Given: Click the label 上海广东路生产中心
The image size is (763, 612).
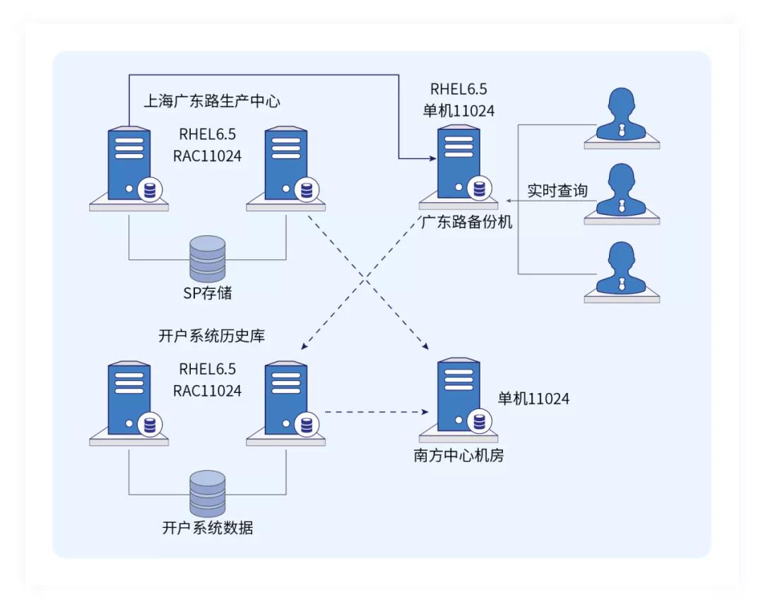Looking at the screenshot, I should (212, 101).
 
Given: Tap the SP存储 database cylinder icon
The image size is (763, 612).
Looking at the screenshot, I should (208, 259).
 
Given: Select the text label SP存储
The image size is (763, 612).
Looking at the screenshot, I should (208, 293).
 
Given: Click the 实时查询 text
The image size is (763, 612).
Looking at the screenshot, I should (557, 191).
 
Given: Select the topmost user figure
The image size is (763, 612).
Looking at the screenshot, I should (622, 116).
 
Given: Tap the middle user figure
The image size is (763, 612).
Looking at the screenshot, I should (622, 192).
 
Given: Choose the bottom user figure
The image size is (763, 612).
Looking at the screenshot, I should (622, 271).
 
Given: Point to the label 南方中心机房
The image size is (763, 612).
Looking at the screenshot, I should (459, 455).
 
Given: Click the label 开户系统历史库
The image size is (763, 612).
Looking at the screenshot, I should (212, 336).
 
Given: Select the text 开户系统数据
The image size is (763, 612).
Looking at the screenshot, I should (208, 528).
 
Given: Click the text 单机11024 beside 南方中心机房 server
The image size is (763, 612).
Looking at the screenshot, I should (533, 399).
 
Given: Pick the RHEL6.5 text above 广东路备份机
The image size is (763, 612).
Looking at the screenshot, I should (459, 89).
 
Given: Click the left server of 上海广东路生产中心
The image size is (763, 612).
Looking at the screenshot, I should (130, 167).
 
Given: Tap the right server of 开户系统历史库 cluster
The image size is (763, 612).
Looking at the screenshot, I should (287, 401).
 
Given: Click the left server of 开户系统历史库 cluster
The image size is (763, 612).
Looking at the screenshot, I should (130, 401).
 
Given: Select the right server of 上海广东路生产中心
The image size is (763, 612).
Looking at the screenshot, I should (287, 167).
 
